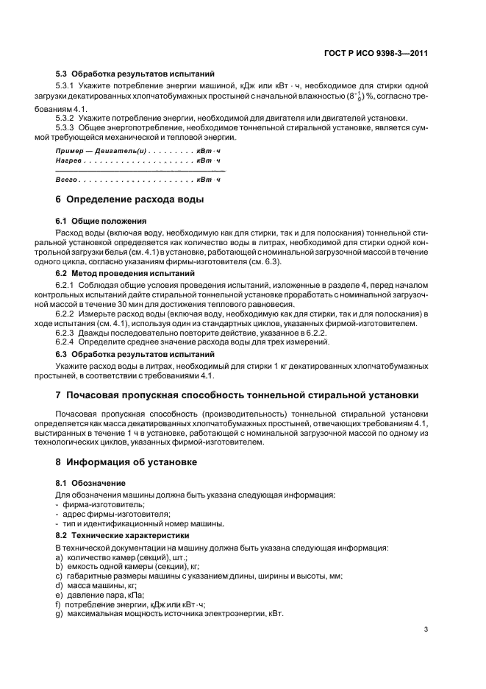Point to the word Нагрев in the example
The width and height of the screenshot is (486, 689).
(x=70, y=160)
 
